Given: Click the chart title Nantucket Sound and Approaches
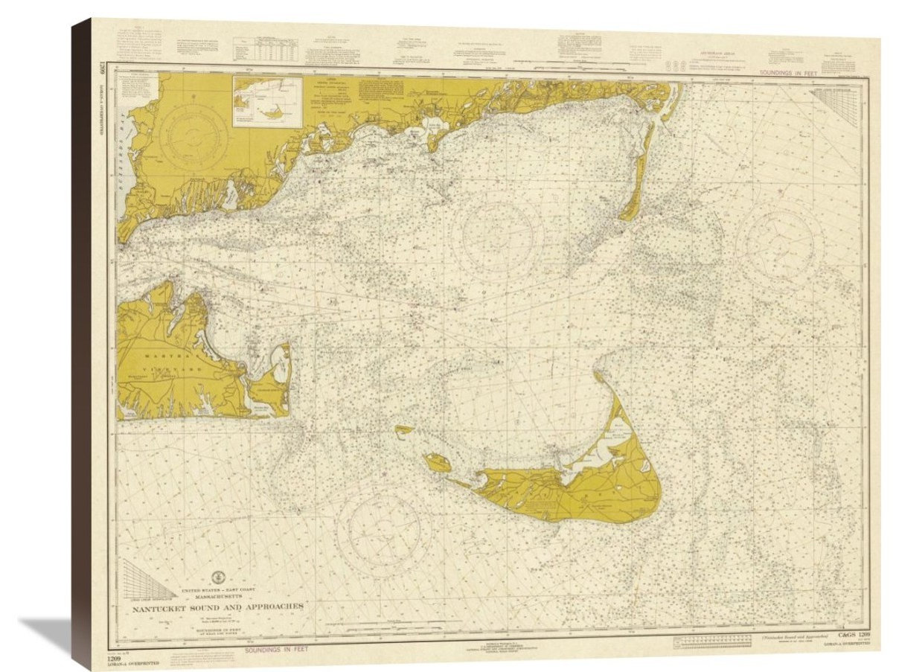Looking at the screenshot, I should pos(217,606).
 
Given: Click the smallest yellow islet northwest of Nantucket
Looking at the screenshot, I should pos(404,429).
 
